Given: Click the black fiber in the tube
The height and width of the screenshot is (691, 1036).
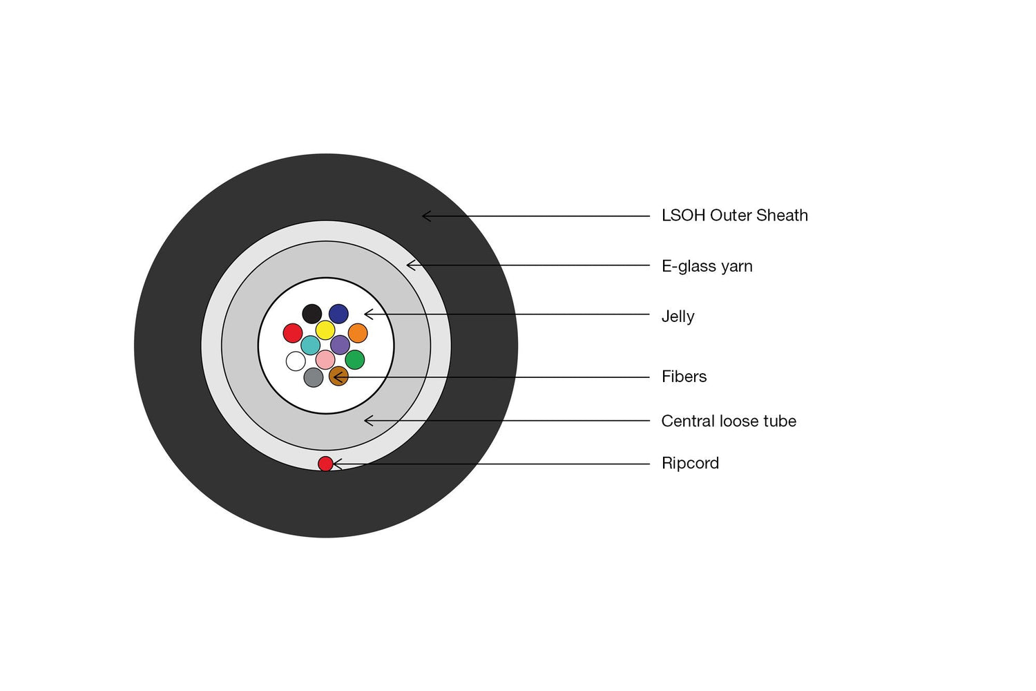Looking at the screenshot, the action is click(312, 314).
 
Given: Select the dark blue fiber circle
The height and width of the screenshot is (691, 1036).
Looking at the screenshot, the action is click(338, 314).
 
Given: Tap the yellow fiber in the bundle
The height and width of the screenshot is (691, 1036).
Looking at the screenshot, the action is click(325, 330).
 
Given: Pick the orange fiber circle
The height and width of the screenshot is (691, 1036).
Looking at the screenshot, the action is click(358, 333).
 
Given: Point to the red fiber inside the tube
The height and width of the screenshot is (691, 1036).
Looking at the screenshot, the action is click(293, 333).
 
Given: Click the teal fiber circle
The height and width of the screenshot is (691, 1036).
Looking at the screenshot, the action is click(310, 345).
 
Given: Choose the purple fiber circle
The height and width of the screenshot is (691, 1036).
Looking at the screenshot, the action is click(340, 345).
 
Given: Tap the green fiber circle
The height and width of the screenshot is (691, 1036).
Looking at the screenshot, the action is click(355, 359).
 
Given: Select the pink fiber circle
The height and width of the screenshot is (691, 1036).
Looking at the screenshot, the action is click(325, 359).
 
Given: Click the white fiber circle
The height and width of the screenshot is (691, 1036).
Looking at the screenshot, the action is click(296, 361).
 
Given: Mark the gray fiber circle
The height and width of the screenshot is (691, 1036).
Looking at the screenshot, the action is click(313, 377).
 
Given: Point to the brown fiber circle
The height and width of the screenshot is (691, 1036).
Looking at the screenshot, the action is click(338, 377).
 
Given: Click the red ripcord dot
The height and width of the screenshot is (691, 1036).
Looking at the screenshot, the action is click(325, 464).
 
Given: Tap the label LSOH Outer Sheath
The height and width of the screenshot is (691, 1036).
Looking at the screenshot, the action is click(734, 216).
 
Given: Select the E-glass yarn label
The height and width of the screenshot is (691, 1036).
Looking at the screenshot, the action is click(707, 267).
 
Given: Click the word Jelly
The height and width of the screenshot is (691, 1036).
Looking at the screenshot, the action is click(678, 317).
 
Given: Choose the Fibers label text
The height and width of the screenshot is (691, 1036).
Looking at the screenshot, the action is click(684, 377).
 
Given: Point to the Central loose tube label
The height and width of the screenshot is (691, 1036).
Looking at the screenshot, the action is click(729, 422).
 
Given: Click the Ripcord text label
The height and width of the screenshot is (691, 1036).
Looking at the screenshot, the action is click(690, 463).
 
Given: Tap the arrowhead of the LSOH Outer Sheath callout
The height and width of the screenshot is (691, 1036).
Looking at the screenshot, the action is click(423, 216).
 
